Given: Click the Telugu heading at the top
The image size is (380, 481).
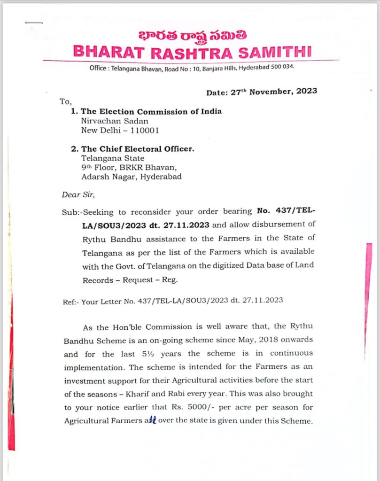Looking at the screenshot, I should pos(190,36).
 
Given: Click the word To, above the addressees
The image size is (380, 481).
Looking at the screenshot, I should pos(65,101).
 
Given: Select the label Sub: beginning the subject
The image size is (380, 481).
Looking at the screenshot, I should pos(70,211).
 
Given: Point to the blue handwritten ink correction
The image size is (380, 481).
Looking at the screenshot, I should pos(150,420).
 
